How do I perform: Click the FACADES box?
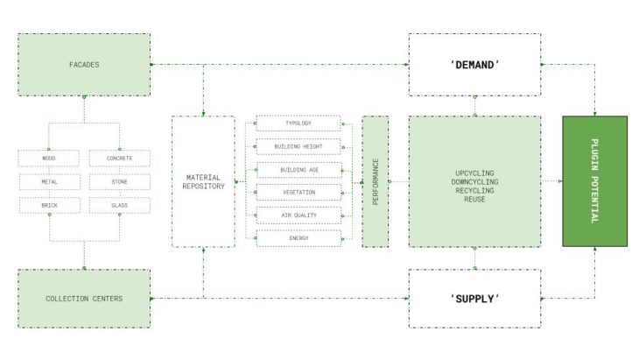click(x=84, y=65)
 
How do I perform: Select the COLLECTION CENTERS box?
click(x=84, y=299)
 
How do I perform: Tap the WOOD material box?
click(x=49, y=159)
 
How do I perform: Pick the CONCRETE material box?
click(x=119, y=159)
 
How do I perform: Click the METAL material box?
click(x=49, y=182)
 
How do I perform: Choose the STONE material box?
click(x=119, y=182)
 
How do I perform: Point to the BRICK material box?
click(x=49, y=206)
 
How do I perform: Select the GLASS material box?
click(x=119, y=206)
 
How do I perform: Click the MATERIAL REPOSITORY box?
click(x=203, y=181)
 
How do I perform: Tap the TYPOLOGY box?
click(x=298, y=124)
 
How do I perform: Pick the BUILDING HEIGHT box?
click(x=298, y=146)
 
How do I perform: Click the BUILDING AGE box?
click(x=299, y=170)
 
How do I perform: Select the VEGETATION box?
click(x=298, y=193)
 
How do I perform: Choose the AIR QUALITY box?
click(x=298, y=215)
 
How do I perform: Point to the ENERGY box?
click(x=298, y=238)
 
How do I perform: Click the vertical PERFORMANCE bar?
click(x=376, y=181)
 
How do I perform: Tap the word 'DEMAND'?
click(x=474, y=65)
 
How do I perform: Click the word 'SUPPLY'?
click(x=474, y=299)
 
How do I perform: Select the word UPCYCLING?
click(x=474, y=173)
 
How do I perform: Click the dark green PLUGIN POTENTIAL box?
click(x=595, y=181)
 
